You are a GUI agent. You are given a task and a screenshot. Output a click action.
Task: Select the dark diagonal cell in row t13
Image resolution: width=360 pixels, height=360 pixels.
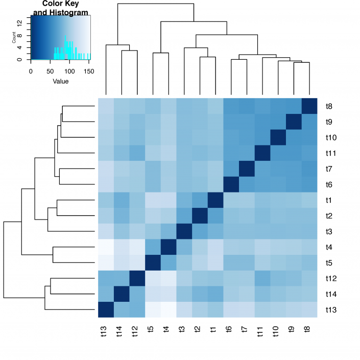pos(106,309)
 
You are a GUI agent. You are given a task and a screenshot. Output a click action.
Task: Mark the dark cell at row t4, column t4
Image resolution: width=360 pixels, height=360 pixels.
pos(168,247)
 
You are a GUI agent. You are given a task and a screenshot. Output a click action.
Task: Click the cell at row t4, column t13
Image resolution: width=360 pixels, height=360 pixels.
pos(106,247)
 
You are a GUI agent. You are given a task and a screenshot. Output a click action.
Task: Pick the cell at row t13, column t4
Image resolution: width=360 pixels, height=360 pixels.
pos(168,309)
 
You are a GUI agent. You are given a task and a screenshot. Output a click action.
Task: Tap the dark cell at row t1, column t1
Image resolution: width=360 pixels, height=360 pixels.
pos(215,200)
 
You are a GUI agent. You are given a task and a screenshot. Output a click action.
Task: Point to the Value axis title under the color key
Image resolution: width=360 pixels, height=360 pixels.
pos(60,81)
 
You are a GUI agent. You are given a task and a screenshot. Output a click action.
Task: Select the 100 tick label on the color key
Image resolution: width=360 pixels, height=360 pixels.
pos(70,71)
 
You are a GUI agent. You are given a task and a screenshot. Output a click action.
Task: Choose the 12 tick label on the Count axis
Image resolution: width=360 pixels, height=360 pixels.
pos(19,22)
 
